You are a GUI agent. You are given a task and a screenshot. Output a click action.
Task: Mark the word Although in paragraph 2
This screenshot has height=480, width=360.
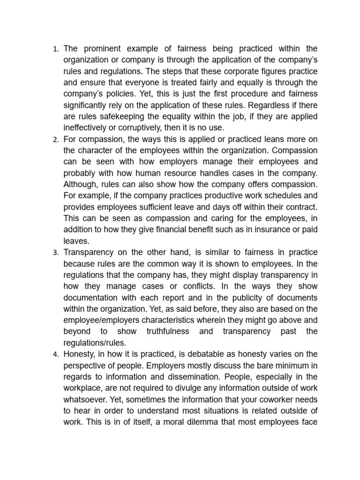click(82, 184)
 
